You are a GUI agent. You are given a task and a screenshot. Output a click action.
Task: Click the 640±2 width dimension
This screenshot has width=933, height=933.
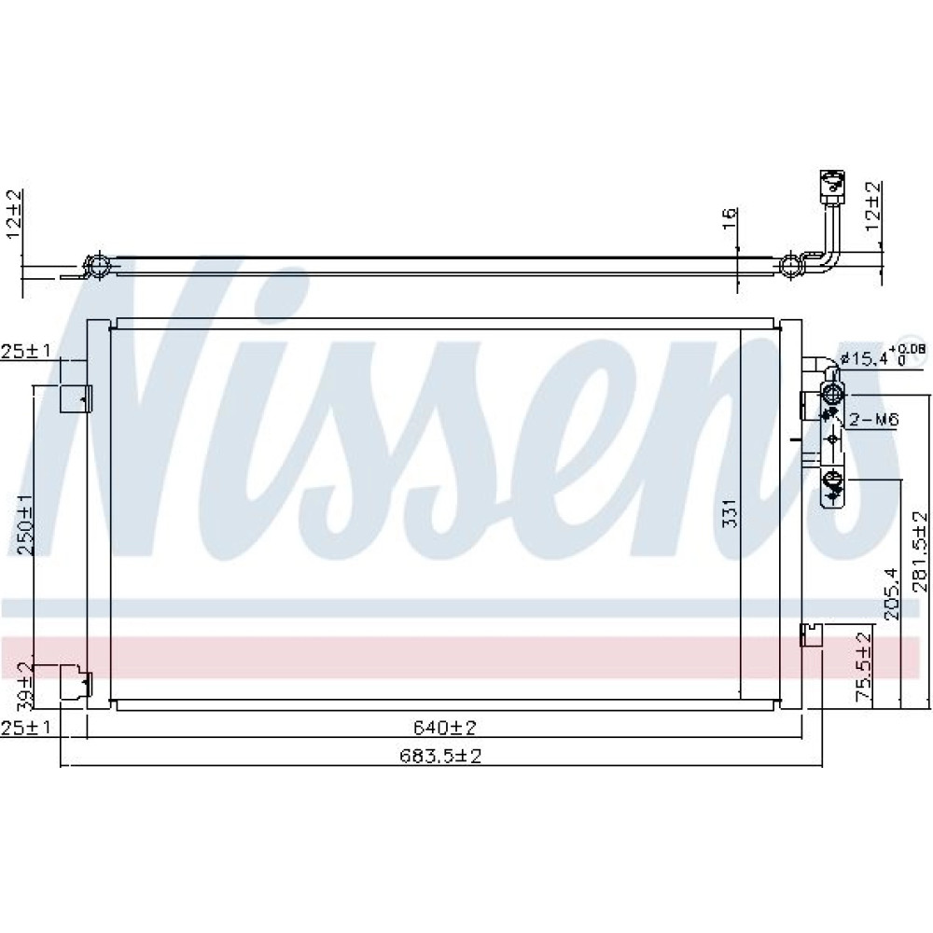[444, 727]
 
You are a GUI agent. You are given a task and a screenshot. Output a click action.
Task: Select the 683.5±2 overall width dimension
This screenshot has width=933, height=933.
[439, 756]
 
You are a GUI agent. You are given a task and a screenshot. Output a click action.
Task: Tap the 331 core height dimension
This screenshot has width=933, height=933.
[731, 513]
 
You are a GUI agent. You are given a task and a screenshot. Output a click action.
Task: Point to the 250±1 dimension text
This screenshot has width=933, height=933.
[26, 524]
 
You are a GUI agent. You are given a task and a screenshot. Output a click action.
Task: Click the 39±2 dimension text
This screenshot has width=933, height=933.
[25, 686]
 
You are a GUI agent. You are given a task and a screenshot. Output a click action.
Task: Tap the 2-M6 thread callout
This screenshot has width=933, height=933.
[873, 420]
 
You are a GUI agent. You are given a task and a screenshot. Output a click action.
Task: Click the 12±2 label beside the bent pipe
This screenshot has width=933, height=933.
[872, 207]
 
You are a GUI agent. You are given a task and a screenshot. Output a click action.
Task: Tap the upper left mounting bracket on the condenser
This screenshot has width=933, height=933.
[75, 398]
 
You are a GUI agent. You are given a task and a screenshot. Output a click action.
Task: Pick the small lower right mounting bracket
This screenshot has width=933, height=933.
[811, 634]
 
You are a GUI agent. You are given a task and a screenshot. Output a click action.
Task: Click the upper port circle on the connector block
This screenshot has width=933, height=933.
[832, 394]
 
